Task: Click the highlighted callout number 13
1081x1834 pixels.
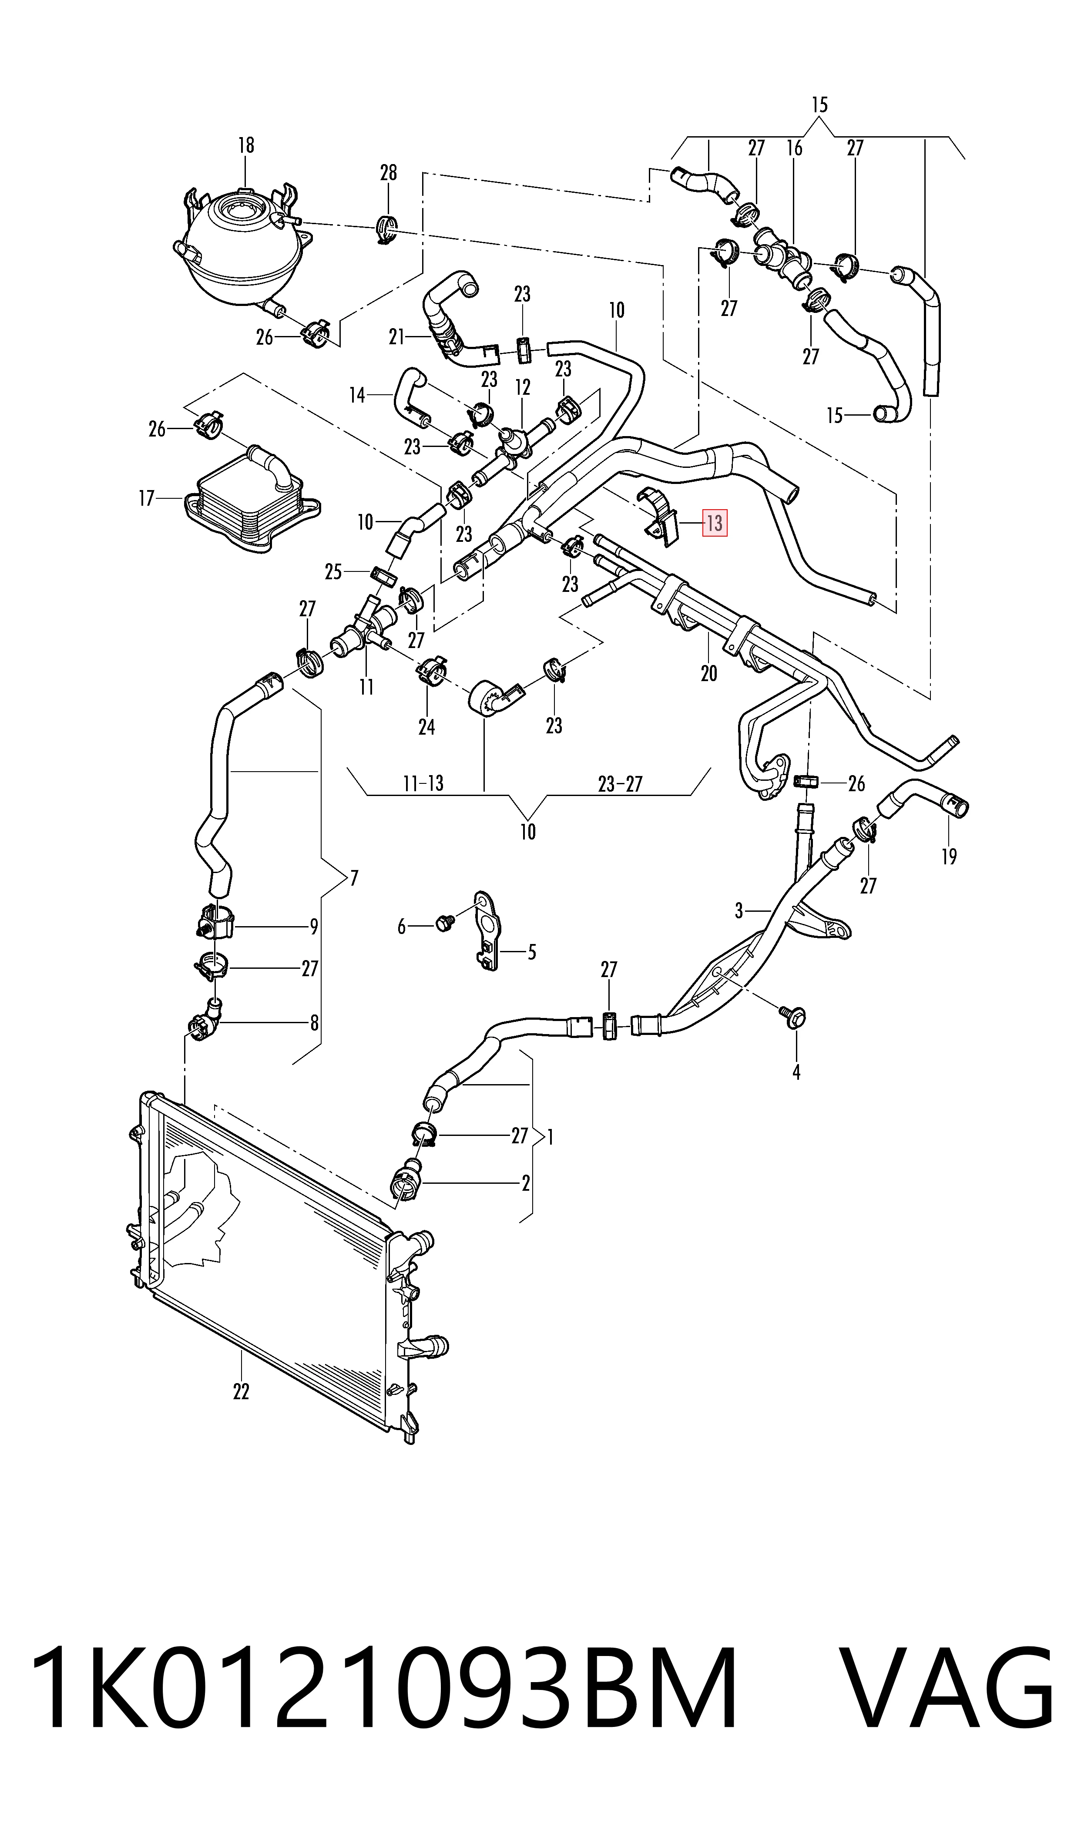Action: [714, 523]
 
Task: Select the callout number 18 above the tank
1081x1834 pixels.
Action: [246, 146]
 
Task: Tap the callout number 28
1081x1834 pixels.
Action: [388, 173]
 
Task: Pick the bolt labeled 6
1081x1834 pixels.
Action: [443, 924]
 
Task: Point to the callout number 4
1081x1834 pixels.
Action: [796, 1072]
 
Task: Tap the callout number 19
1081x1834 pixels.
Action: [948, 857]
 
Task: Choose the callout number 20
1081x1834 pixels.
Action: [709, 673]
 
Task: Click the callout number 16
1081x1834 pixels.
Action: [794, 148]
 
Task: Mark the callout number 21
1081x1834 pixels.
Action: [397, 337]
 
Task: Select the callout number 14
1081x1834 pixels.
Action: [357, 396]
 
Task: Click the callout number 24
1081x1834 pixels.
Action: [427, 726]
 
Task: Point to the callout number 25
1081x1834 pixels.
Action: [333, 572]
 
